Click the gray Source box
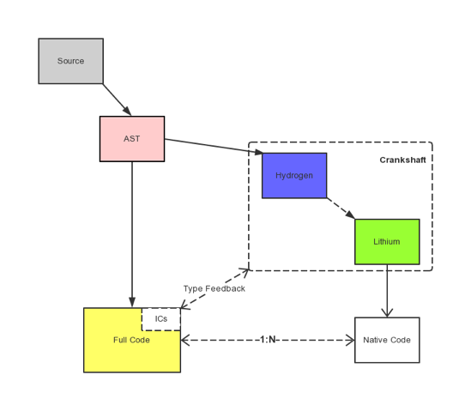(x=70, y=61)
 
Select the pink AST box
(x=131, y=139)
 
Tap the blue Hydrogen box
(x=293, y=176)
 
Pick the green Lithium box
(x=387, y=242)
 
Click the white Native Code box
(x=387, y=340)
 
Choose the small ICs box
(x=161, y=319)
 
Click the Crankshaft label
(x=402, y=160)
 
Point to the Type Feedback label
(x=214, y=288)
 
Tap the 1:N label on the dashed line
(x=268, y=340)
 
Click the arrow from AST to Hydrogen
(x=212, y=146)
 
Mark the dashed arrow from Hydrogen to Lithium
(x=341, y=209)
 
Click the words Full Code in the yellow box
(x=131, y=341)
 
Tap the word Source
(x=70, y=61)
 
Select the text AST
(x=131, y=139)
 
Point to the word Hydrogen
(x=293, y=176)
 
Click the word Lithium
(x=387, y=242)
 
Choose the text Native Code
(x=387, y=340)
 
